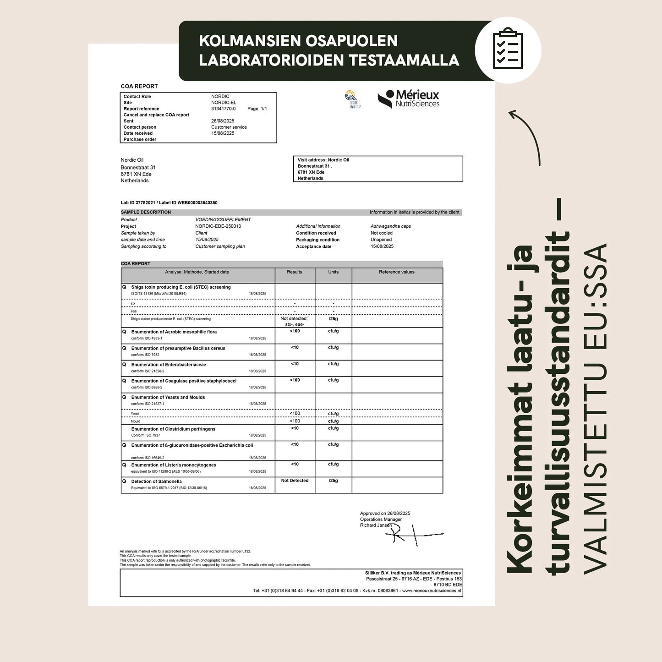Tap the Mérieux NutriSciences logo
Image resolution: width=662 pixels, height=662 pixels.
click(408, 99)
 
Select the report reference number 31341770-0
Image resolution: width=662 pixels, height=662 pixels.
click(224, 109)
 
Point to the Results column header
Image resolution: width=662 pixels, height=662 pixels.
click(295, 272)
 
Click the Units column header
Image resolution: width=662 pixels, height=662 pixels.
click(333, 272)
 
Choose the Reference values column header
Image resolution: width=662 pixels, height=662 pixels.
click(396, 272)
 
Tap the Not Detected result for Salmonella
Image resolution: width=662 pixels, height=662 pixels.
click(295, 481)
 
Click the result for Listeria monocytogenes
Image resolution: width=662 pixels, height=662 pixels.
click(295, 464)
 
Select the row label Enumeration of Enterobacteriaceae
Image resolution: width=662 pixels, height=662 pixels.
click(169, 365)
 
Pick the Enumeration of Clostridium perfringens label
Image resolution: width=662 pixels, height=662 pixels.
click(173, 429)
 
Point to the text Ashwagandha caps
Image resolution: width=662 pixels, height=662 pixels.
click(391, 226)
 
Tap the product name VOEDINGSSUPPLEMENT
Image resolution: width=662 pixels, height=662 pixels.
click(223, 219)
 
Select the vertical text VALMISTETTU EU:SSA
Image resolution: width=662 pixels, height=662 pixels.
click(596, 408)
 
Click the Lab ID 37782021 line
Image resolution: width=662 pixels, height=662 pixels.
click(169, 202)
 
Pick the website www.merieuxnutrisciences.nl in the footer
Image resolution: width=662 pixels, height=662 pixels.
click(432, 591)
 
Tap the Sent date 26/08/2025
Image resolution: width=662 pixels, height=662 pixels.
click(223, 121)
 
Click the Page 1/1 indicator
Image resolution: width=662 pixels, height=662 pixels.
click(257, 109)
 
